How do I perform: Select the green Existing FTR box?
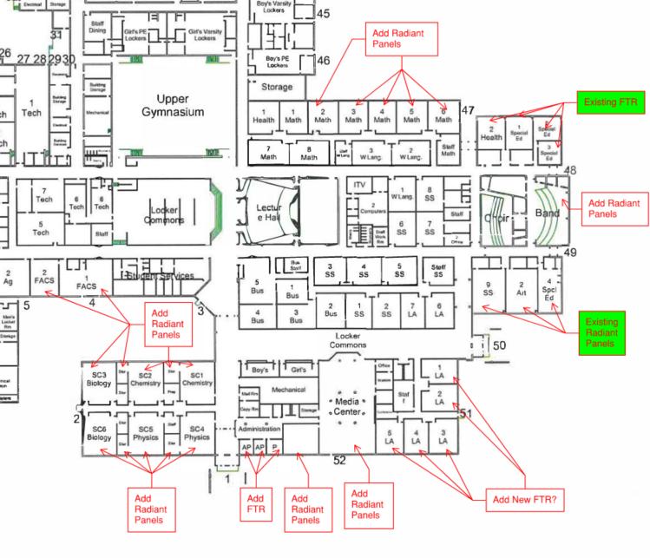pyautogui.click(x=611, y=102)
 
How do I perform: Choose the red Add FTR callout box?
pyautogui.click(x=255, y=505)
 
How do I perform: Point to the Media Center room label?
pyautogui.click(x=348, y=405)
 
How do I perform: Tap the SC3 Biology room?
pyautogui.click(x=99, y=378)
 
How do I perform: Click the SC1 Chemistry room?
pyautogui.click(x=197, y=378)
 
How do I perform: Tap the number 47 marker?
pyautogui.click(x=468, y=110)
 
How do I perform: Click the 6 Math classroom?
pyautogui.click(x=443, y=115)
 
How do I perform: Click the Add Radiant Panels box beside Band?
pyautogui.click(x=614, y=208)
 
